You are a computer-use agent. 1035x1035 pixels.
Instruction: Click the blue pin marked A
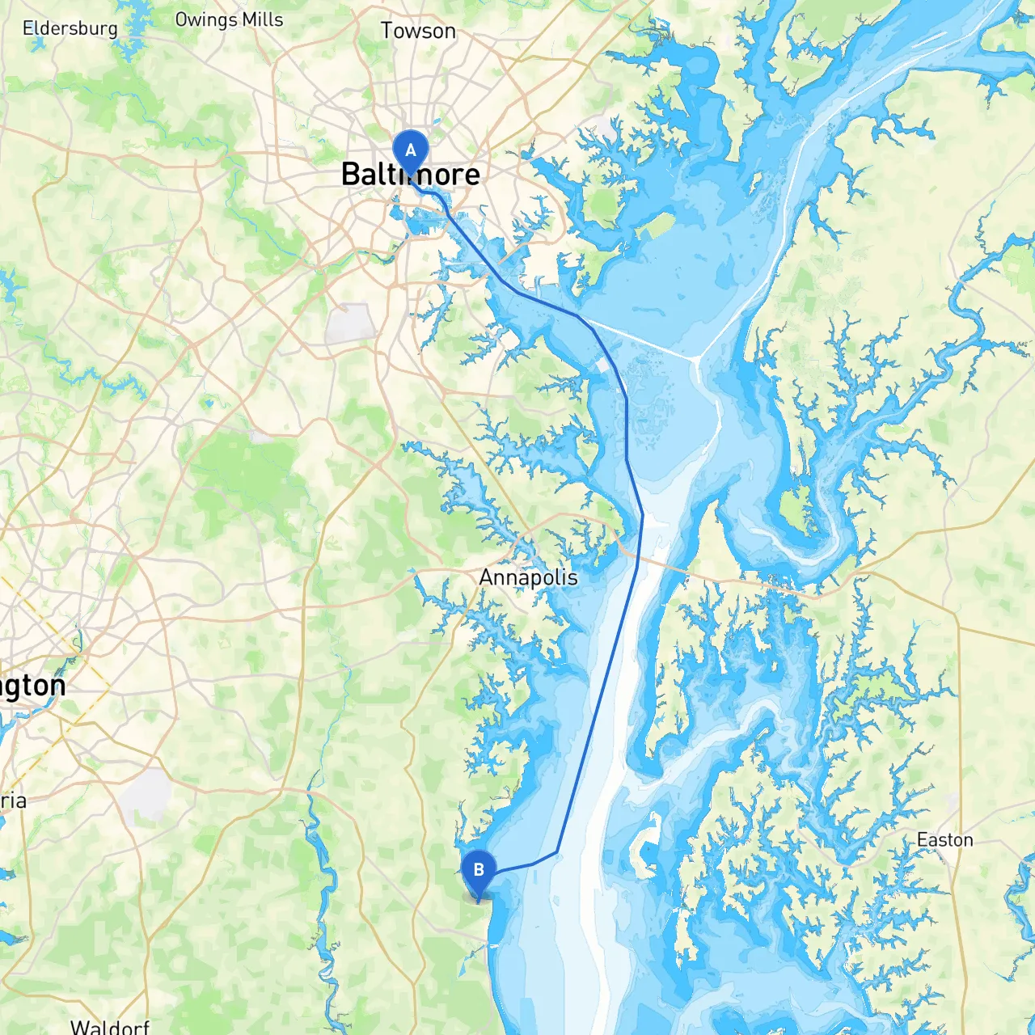coord(410,151)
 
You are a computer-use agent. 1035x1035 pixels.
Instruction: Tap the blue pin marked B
coord(478,871)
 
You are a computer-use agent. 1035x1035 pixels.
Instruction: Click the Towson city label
coord(418,31)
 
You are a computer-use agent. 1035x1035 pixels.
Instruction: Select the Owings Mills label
coord(229,19)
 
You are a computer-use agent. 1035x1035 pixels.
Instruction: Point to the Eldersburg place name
coord(70,28)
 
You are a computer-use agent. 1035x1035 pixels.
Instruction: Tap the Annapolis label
coord(528,577)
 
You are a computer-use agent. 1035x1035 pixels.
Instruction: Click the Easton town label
coord(944,840)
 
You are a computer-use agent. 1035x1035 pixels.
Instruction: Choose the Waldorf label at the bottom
coord(110,1026)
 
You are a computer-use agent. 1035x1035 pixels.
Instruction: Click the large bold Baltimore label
coord(411,175)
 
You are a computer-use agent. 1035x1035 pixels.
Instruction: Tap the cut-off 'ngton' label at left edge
coord(32,686)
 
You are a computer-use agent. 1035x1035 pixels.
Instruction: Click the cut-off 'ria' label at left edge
coord(14,801)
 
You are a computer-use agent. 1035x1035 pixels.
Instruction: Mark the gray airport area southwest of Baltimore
coord(350,323)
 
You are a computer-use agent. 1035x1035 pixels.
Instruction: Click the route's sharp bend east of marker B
coord(557,851)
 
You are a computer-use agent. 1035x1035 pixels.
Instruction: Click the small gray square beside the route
coord(602,365)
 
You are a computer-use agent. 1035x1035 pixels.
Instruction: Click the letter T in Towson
coord(387,31)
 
